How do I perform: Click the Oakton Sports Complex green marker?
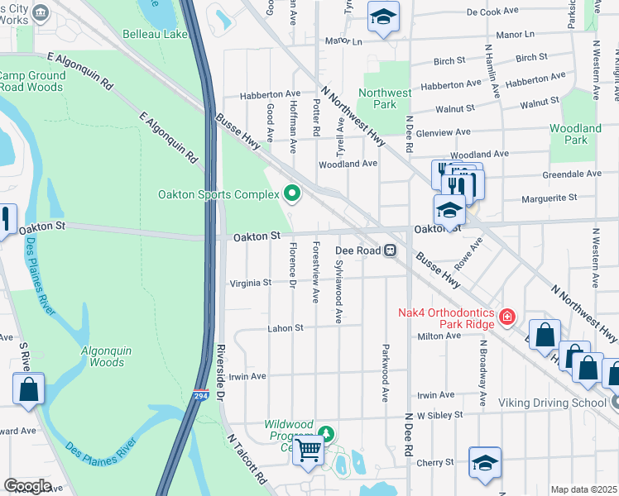291,194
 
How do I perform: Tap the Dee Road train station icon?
388,250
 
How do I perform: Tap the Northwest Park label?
385,98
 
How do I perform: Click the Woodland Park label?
575,134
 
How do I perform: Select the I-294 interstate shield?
200,396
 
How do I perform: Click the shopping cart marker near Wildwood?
309,451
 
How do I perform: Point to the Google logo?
27,485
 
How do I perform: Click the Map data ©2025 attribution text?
583,489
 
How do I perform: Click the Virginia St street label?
249,283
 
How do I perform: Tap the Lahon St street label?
286,328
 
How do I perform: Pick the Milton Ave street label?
439,336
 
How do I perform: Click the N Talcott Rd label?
247,460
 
